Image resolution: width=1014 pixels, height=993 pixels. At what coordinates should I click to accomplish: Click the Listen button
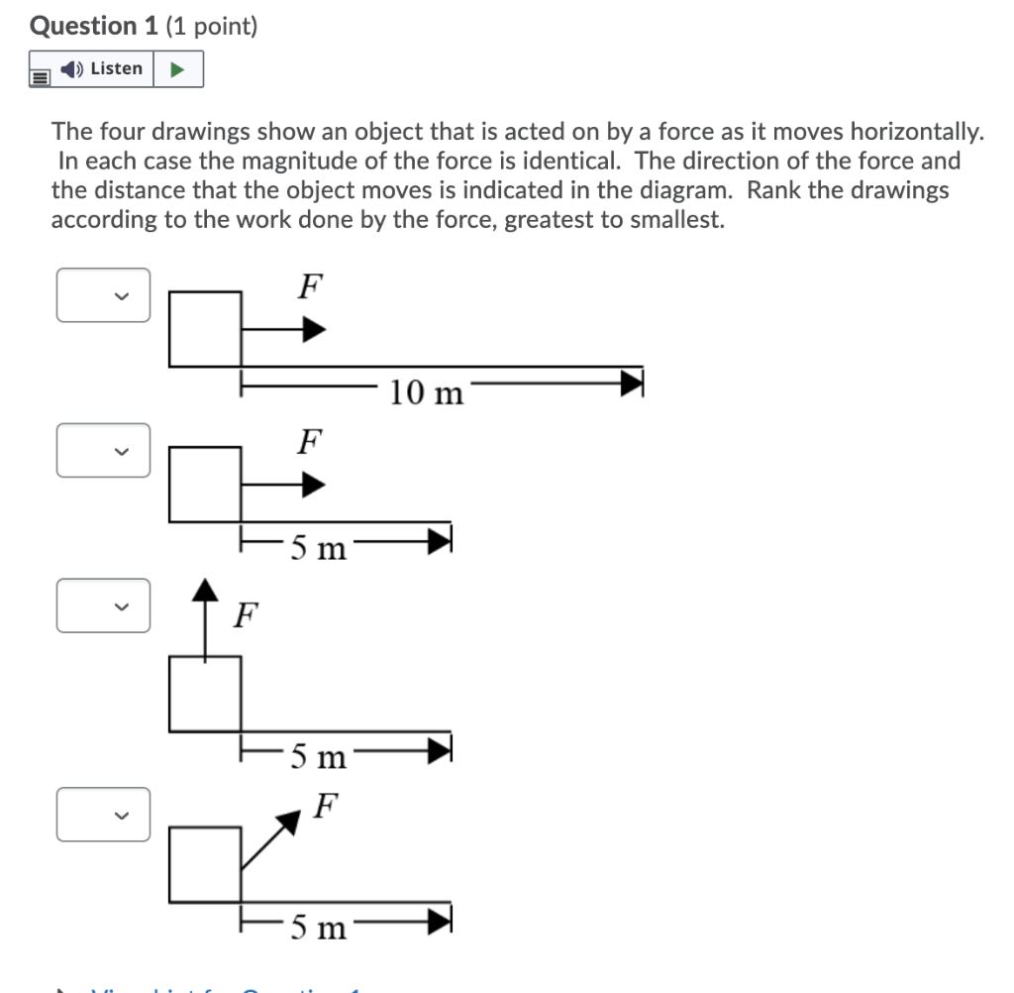(103, 69)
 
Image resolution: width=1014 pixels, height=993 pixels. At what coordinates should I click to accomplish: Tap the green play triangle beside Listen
(178, 69)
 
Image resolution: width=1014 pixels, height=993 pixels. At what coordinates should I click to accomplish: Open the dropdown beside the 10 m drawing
(104, 295)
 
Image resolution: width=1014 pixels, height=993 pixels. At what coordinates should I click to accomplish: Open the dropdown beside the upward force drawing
(104, 606)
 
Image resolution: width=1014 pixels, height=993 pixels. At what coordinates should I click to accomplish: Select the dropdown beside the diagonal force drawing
(104, 815)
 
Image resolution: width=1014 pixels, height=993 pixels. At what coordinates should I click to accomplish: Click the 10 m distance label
(426, 393)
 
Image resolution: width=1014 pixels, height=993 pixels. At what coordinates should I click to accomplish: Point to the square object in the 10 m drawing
(206, 328)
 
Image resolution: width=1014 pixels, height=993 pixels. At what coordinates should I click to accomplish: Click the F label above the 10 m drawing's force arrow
(310, 286)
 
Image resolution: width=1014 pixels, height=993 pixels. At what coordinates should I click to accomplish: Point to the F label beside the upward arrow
(245, 617)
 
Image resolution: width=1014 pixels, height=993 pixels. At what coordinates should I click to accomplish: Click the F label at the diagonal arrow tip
(326, 806)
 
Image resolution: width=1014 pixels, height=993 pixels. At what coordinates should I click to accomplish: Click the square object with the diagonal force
(206, 864)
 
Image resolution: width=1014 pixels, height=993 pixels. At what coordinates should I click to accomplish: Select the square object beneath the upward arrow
(206, 694)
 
